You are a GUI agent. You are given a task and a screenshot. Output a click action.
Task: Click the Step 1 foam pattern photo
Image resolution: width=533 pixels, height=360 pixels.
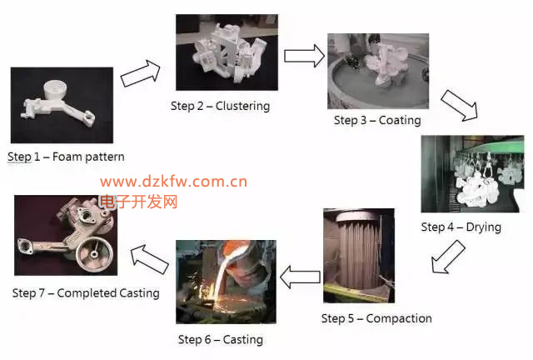pos(62,105)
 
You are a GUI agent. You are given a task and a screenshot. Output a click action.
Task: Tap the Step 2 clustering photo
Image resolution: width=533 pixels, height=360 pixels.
pos(227,52)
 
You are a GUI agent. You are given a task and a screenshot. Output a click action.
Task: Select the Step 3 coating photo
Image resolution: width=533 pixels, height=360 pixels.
pos(378,71)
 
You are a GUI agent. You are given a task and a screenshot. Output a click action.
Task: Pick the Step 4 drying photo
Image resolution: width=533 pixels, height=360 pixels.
pos(472,174)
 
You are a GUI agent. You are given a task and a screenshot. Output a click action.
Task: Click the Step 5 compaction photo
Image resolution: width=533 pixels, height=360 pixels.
pos(359,256)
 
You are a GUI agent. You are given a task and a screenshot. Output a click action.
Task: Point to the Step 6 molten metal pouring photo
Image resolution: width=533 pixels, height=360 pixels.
pos(226,282)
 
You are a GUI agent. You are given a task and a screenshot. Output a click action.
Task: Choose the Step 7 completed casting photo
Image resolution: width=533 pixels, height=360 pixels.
pos(66,235)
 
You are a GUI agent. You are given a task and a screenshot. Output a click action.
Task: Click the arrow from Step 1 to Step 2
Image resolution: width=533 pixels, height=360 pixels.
pos(141,73)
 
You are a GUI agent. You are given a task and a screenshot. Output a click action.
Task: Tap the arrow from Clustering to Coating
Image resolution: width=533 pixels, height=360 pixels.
pos(304,56)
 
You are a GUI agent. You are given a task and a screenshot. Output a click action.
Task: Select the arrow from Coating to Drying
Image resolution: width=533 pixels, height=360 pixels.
pos(460,106)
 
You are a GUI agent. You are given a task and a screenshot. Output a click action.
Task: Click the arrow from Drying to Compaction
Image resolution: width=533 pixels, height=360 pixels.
pos(448,257)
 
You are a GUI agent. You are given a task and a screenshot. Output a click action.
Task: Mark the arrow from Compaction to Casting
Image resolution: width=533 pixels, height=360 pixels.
pos(300,277)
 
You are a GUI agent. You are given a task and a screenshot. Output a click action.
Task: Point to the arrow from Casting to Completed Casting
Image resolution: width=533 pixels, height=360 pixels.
pos(150,259)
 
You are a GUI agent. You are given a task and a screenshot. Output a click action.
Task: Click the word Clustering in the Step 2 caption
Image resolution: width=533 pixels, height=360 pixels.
pos(242,106)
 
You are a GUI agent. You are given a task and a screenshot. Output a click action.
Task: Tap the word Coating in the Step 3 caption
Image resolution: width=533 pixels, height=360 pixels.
pos(400,120)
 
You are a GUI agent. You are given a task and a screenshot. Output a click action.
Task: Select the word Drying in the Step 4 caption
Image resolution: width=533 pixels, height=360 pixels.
pos(483,227)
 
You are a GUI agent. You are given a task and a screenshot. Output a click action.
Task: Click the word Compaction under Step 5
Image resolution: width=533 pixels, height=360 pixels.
pos(399,318)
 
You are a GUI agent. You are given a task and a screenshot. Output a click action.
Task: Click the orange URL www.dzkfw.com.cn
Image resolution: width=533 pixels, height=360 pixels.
pos(173,182)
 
